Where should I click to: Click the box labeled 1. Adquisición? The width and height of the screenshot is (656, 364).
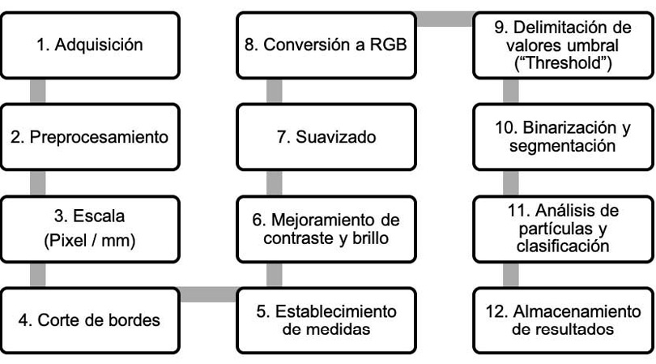pos(90,45)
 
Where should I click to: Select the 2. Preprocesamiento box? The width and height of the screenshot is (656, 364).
pos(90,137)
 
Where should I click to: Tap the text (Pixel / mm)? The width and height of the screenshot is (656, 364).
pos(90,241)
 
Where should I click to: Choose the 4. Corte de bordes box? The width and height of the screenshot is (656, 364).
pos(90,320)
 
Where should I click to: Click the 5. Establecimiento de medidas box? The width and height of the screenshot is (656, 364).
pos(326,320)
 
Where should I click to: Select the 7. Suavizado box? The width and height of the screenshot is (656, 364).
pos(326,137)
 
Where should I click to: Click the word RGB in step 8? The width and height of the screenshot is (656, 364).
pos(388,45)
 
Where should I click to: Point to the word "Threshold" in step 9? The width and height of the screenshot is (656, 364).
pos(563,63)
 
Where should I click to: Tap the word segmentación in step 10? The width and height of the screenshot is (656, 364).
pos(563,146)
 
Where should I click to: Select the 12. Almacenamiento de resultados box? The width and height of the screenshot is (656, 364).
pos(563,320)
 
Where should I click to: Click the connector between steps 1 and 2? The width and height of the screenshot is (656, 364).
pos(38,92)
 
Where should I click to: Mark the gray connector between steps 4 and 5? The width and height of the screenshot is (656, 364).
pos(208,294)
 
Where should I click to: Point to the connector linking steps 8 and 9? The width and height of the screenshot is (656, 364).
pos(445,19)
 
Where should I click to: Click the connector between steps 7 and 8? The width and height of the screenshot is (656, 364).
pos(274,92)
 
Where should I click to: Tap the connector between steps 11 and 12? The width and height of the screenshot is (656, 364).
pos(511,275)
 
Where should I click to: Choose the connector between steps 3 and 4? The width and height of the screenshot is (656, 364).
pos(38,275)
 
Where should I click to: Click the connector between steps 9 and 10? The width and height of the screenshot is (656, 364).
pos(511,92)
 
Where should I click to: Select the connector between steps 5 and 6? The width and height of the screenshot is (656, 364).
pos(274,275)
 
